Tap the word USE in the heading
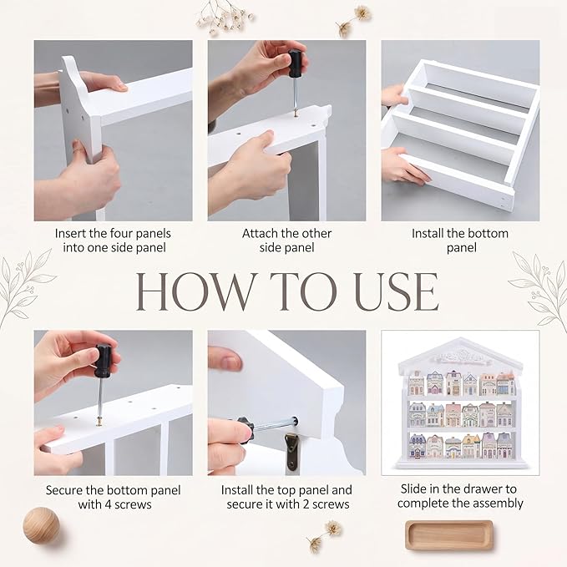397,291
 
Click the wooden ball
41,525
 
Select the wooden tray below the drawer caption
448,535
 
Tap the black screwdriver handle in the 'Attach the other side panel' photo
295,63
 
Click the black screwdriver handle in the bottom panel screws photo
103,361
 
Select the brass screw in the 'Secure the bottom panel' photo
99,421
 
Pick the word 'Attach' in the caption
259,234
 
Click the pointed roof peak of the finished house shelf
460,339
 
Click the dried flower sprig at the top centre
224,17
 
